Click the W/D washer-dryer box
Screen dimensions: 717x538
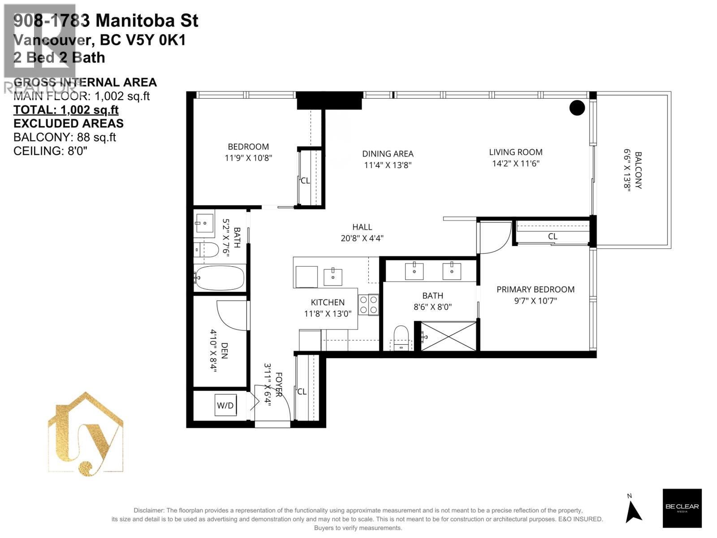pos(225,405)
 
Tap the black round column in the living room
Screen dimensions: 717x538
pos(577,108)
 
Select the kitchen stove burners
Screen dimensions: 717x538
pos(368,305)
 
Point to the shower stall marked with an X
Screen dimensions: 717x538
pos(449,336)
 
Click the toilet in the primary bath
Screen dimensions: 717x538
pos(401,338)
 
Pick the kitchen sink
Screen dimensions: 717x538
pos(333,277)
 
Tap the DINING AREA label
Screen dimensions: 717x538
pos(388,153)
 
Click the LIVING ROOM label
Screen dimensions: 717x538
pos(516,152)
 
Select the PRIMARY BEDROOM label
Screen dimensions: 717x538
pos(536,290)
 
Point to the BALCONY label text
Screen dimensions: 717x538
pos(638,170)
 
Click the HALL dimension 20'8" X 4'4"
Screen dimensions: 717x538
pos(362,238)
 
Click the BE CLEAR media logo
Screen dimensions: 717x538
pos(682,508)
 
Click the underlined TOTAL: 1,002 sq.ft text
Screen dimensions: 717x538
pos(66,110)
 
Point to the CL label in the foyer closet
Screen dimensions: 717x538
pos(302,391)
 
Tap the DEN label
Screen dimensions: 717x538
pos(225,351)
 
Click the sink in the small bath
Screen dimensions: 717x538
pos(204,223)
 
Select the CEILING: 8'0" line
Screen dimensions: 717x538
pos(50,151)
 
